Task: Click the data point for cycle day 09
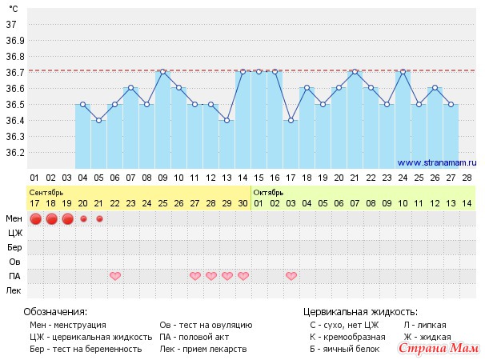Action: [162, 72]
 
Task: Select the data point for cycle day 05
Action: [98, 120]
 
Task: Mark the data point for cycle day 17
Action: [291, 120]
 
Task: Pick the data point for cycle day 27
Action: [451, 104]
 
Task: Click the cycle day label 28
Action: [467, 177]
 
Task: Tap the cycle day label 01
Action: [34, 177]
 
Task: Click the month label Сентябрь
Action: [46, 192]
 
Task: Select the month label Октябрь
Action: [268, 192]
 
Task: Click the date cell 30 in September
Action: [242, 203]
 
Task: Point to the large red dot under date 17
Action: [35, 218]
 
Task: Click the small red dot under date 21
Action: [99, 218]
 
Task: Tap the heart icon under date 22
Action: [115, 276]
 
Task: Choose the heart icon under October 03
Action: [291, 276]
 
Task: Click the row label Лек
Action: [14, 290]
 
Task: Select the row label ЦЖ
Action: [14, 233]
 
